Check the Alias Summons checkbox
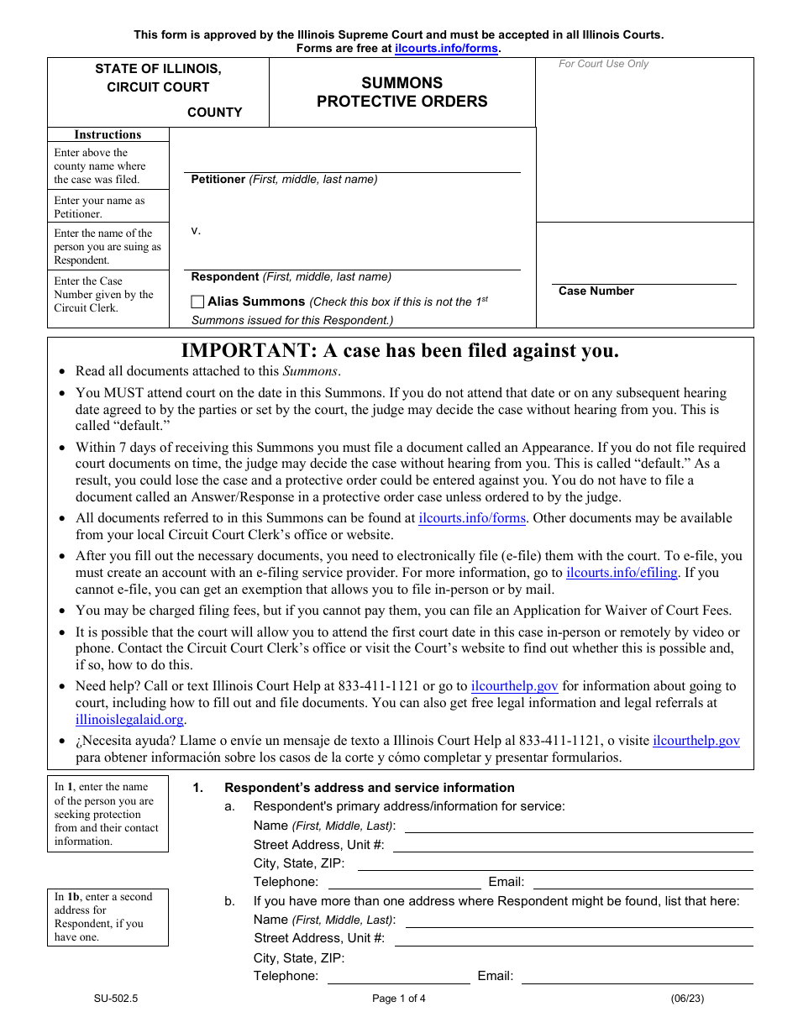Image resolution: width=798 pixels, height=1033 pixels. [197, 302]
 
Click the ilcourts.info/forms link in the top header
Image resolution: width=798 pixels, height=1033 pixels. [447, 49]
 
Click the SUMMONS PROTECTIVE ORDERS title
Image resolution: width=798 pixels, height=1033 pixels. [402, 92]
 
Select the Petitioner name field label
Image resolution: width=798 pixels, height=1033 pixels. [284, 180]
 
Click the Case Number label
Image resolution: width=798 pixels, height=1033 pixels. [596, 291]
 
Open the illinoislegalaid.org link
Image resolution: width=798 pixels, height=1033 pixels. [129, 720]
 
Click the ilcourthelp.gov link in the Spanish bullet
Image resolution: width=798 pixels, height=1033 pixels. [696, 741]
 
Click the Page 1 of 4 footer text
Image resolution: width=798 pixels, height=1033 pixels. [399, 999]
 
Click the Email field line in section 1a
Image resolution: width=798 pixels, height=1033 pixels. [643, 882]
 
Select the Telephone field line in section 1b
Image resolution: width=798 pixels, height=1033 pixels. [398, 976]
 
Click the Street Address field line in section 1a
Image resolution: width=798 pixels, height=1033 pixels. [573, 845]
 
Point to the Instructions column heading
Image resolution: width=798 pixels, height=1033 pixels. [108, 134]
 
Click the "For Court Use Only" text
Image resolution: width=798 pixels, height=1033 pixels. [603, 64]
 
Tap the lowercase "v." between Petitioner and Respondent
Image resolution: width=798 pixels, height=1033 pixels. [196, 230]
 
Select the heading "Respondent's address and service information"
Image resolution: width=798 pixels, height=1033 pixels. [370, 788]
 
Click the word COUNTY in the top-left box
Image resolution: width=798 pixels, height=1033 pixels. [214, 113]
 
